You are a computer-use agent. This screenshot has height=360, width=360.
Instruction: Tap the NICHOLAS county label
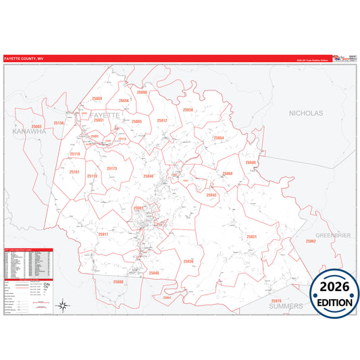click(x=305, y=113)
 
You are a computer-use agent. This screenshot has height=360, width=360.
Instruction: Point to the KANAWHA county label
click(x=28, y=132)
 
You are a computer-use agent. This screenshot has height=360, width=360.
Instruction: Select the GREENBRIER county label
click(x=333, y=235)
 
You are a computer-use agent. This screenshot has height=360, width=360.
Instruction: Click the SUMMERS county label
click(x=286, y=306)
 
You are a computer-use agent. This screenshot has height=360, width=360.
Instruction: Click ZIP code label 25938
click(x=188, y=109)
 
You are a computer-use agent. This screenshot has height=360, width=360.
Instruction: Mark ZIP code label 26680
click(x=251, y=163)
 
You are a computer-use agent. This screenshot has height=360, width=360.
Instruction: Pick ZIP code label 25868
click(x=226, y=174)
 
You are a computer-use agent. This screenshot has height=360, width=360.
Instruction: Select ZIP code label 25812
click(x=162, y=120)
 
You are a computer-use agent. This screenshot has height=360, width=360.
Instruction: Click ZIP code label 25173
click(x=111, y=168)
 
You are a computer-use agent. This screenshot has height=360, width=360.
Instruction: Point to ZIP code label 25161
click(x=74, y=173)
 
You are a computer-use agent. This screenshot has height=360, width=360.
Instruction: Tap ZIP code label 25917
click(x=103, y=234)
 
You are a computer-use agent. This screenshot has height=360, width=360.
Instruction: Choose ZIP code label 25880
click(x=119, y=281)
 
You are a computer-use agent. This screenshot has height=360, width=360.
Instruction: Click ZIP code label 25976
click(x=276, y=300)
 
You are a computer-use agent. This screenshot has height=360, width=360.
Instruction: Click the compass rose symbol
click(x=62, y=306)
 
